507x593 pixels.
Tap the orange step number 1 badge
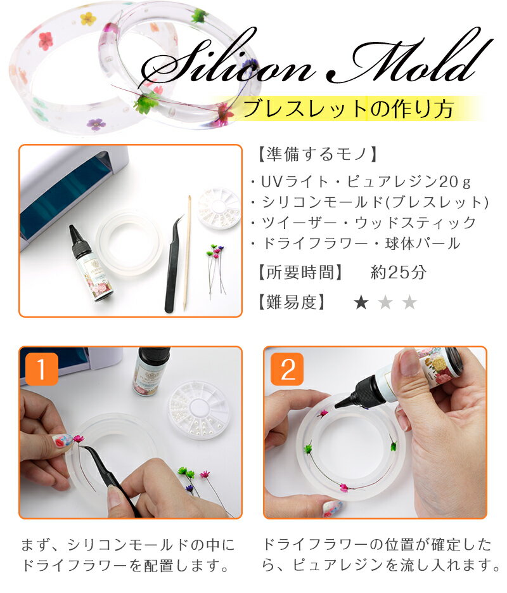(42, 369)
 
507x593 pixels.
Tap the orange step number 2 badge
(287, 369)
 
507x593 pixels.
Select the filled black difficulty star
(361, 303)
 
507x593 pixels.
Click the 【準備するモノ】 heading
(318, 154)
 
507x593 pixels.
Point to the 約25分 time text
(399, 272)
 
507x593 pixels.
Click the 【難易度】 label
(291, 302)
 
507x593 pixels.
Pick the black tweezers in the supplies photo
(174, 264)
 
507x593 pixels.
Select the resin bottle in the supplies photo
(91, 263)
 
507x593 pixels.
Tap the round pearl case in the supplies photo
(219, 208)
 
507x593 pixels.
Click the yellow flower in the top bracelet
(87, 18)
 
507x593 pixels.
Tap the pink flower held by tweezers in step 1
(78, 438)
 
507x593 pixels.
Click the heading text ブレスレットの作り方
(347, 109)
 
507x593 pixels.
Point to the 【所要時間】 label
(300, 272)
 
